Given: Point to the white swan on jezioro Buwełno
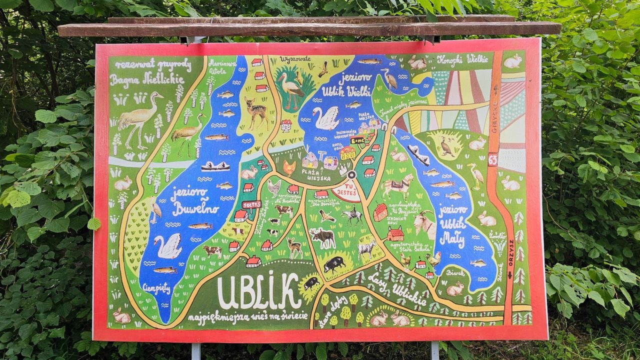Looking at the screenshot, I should [x=169, y=246].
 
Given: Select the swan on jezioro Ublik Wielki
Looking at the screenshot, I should [x=326, y=118].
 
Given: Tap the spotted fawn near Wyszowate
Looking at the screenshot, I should [x=256, y=111].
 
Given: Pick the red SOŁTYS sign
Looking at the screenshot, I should [x=251, y=204].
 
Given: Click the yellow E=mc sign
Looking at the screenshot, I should [x=357, y=140].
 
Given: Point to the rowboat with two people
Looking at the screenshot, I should [x=215, y=166].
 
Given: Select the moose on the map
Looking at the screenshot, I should [x=323, y=237].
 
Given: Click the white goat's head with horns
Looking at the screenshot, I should [x=425, y=223].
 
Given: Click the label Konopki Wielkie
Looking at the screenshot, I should [x=462, y=59].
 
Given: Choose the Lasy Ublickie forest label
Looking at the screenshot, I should [x=397, y=290].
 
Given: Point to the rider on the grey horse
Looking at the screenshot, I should [x=352, y=214].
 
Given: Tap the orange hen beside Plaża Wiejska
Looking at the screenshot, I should [x=289, y=167].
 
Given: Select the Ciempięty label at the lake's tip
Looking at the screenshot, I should [x=156, y=288].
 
